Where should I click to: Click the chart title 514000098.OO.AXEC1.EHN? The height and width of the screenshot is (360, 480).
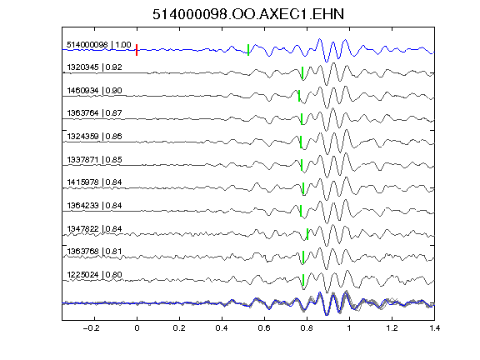click(x=248, y=14)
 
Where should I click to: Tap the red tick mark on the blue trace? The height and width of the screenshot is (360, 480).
click(x=137, y=50)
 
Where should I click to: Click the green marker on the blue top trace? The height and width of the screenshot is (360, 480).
click(x=248, y=50)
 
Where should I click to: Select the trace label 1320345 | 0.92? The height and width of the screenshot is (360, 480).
click(x=95, y=67)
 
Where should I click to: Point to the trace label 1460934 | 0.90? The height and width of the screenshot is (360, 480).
click(x=95, y=91)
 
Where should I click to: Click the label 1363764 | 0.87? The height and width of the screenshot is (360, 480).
click(x=95, y=113)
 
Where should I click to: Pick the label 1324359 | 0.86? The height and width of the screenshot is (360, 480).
click(x=95, y=137)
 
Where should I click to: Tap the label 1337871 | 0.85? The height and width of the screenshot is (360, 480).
click(x=95, y=160)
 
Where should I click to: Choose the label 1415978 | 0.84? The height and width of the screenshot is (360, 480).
click(x=95, y=182)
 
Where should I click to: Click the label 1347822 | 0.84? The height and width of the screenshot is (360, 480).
click(x=95, y=229)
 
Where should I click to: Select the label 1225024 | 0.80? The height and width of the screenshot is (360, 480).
click(x=95, y=275)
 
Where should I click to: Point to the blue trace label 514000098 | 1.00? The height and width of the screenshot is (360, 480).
click(x=99, y=45)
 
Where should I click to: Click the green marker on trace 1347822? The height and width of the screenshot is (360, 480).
click(x=307, y=234)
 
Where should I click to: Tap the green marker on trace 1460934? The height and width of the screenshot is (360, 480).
click(x=299, y=96)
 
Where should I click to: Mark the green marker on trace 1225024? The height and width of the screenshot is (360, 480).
click(x=303, y=280)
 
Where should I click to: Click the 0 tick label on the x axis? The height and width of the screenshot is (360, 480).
click(x=137, y=328)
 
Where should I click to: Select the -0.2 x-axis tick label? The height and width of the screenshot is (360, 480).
click(x=91, y=328)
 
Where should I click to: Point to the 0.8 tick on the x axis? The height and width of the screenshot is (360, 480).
click(x=307, y=328)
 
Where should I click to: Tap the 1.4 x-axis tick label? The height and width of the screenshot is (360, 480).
click(x=435, y=328)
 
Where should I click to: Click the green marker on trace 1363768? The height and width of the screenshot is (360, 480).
click(x=303, y=257)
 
